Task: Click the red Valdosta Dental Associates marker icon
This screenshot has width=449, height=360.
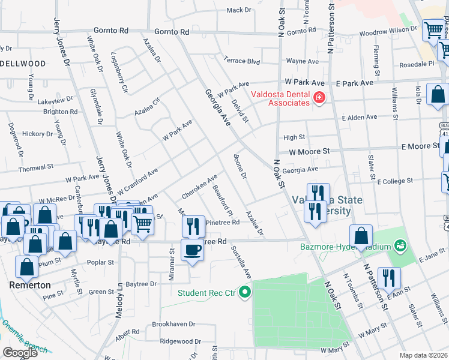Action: (x=319, y=97)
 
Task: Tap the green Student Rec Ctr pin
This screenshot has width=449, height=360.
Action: (x=244, y=293)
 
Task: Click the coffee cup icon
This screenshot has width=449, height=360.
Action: (x=193, y=250)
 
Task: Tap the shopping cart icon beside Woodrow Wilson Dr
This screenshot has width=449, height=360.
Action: (x=433, y=31)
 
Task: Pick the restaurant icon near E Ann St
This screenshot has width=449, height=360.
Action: (x=389, y=278)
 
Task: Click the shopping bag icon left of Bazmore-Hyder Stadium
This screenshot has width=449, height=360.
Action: (x=360, y=236)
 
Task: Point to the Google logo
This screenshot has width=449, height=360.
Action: (x=20, y=353)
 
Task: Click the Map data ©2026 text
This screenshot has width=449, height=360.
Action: (x=423, y=355)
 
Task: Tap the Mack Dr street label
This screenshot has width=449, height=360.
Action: (x=239, y=10)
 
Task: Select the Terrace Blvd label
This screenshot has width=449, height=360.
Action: (x=241, y=61)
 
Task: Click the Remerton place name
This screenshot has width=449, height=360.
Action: (x=29, y=285)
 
